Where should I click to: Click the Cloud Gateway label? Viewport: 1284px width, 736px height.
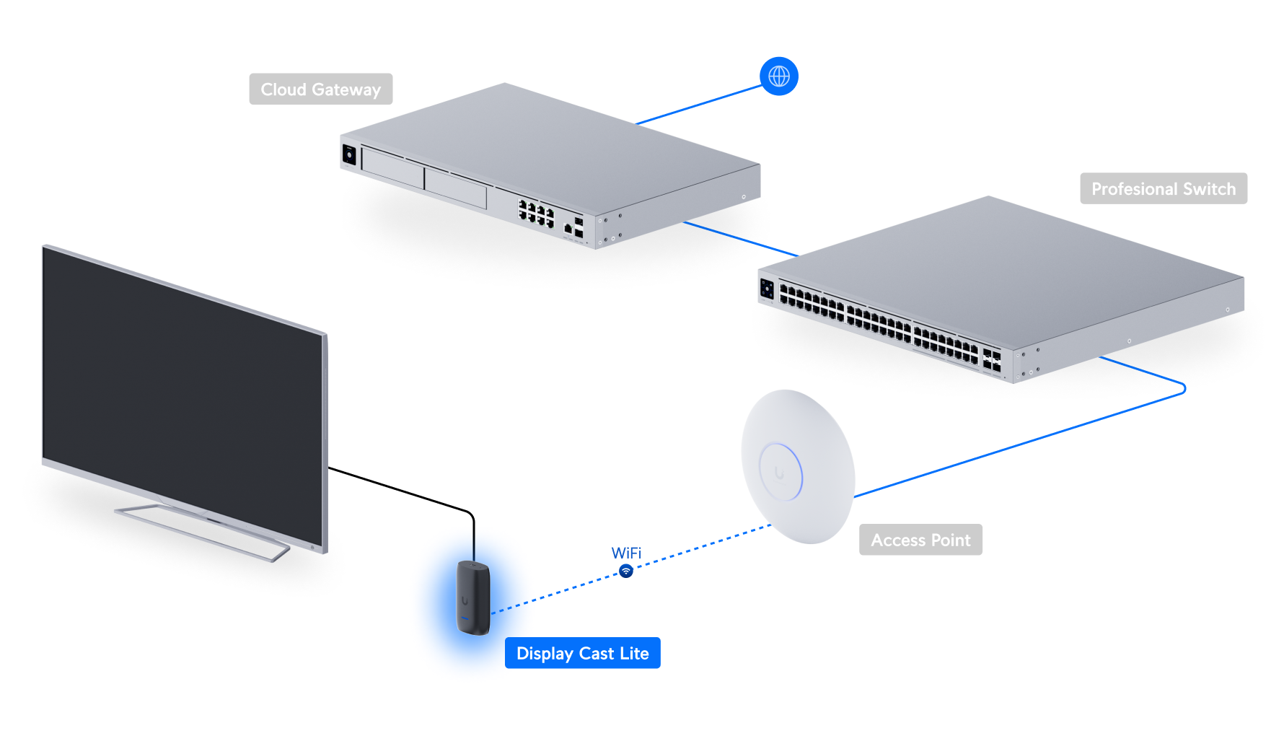pyautogui.click(x=320, y=89)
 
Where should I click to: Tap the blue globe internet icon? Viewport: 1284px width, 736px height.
pyautogui.click(x=778, y=76)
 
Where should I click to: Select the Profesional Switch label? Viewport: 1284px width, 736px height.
pyautogui.click(x=1163, y=189)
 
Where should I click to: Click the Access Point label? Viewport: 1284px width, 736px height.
pyautogui.click(x=920, y=540)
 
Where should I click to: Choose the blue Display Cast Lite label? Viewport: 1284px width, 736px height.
pyautogui.click(x=582, y=653)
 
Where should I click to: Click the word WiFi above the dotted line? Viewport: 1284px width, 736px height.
pyautogui.click(x=626, y=553)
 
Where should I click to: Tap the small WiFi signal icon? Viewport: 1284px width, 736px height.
pyautogui.click(x=626, y=571)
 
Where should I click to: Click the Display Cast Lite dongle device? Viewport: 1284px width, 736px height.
pyautogui.click(x=473, y=597)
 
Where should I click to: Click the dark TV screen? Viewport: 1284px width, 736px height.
pyautogui.click(x=180, y=382)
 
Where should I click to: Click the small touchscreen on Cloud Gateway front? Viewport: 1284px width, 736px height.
pyautogui.click(x=349, y=154)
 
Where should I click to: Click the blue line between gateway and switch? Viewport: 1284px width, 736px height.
pyautogui.click(x=739, y=239)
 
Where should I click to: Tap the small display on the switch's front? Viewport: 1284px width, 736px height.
pyautogui.click(x=768, y=289)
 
